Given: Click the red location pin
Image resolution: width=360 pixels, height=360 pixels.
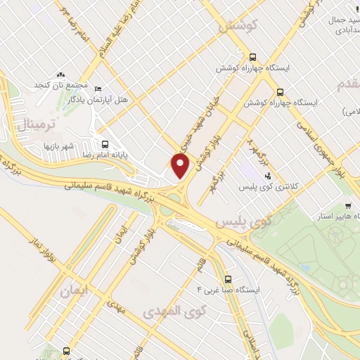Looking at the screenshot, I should click(181, 166).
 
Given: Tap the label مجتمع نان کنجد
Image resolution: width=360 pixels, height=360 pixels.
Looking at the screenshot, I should click(60, 85).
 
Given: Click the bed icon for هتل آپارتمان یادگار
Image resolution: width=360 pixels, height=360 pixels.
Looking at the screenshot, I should click(98, 89).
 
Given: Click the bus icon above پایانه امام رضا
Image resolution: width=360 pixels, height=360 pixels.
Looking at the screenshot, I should click(105, 140).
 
